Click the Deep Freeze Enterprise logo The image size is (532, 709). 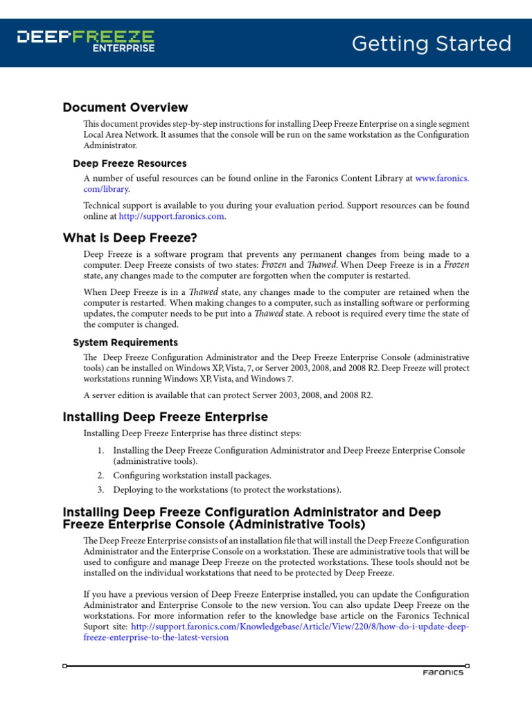click(85, 41)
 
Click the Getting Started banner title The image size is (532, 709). click(431, 44)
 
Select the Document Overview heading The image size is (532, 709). click(125, 107)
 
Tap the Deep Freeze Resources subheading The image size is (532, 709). click(130, 163)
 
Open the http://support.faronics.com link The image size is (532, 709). click(172, 216)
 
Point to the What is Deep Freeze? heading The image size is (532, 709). click(130, 238)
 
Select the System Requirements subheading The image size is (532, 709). click(125, 342)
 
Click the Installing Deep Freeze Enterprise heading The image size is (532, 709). click(165, 417)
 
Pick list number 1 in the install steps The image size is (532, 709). click(100, 451)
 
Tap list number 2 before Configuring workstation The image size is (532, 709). click(100, 476)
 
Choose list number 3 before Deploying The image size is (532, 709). click(100, 490)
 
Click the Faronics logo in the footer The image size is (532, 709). click(443, 672)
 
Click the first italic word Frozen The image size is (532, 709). click(274, 264)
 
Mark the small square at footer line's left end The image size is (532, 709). click(64, 666)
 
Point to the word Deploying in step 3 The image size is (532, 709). click(134, 490)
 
